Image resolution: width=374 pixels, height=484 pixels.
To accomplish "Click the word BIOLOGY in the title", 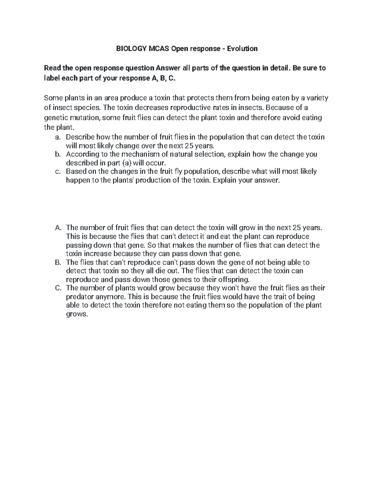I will [128, 49].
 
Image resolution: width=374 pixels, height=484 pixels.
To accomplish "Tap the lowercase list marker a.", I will [58, 137].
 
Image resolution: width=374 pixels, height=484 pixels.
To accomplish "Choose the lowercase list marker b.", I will [58, 154].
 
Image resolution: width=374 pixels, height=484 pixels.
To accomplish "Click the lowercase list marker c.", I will [58, 171].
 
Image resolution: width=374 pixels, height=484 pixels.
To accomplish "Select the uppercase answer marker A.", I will [58, 228].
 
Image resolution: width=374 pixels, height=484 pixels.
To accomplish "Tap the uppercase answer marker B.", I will [58, 262].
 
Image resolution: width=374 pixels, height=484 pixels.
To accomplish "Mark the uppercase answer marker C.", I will [58, 288].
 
